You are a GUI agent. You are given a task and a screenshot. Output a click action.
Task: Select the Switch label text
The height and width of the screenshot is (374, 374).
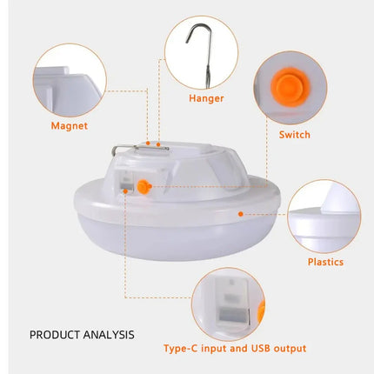click(x=294, y=135)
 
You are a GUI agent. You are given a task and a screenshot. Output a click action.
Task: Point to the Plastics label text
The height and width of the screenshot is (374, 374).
click(x=325, y=262)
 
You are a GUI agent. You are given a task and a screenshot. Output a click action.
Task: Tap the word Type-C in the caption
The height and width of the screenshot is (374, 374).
click(x=184, y=348)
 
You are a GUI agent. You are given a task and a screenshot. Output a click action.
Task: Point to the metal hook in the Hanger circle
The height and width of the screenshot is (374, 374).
click(x=197, y=48)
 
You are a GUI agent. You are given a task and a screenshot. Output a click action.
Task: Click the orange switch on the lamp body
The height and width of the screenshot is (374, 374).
click(x=144, y=185)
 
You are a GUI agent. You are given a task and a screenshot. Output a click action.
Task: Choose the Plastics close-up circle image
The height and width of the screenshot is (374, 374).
click(x=324, y=217)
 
